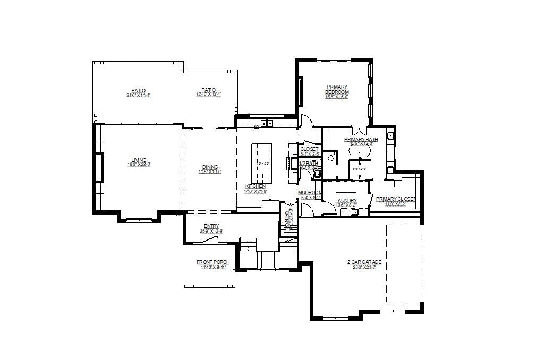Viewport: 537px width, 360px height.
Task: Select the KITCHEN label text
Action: pyautogui.click(x=255, y=186)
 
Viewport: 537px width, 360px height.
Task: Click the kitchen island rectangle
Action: pyautogui.click(x=261, y=164)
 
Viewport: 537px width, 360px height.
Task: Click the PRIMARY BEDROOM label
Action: pyautogui.click(x=337, y=89)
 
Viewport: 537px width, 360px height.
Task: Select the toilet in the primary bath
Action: pyautogui.click(x=330, y=158)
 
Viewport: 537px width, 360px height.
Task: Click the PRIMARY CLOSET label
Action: pyautogui.click(x=395, y=199)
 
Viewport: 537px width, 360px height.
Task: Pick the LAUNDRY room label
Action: pyautogui.click(x=346, y=201)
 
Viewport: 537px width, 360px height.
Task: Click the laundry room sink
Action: pyautogui.click(x=354, y=212)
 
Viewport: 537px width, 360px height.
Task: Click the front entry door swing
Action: pyautogui.click(x=208, y=241)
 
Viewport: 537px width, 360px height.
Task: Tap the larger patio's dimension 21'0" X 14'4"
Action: pyautogui.click(x=139, y=95)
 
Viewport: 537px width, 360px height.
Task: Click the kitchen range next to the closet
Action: pyautogui.click(x=292, y=163)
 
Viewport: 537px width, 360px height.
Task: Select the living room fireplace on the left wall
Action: pyautogui.click(x=99, y=167)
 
